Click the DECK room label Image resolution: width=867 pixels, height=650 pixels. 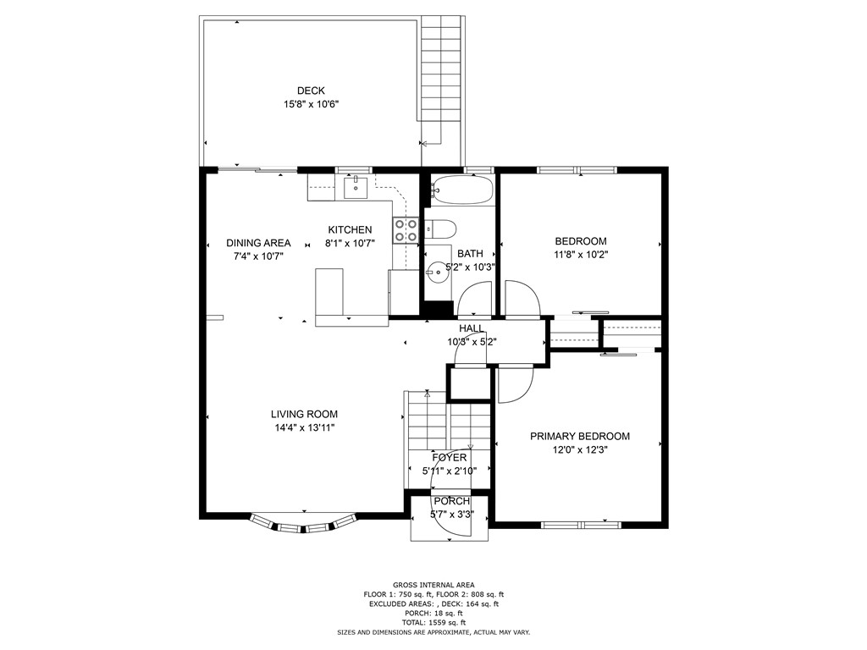(311, 91)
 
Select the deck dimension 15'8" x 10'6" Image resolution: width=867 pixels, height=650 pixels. (311, 105)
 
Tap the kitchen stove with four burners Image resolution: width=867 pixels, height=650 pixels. (405, 231)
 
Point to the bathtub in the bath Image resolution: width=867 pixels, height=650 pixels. (461, 190)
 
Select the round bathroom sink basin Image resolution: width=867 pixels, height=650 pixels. (438, 272)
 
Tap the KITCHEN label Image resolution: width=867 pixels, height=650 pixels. (350, 230)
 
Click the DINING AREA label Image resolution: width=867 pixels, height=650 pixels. (258, 243)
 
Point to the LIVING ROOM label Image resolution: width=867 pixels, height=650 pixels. (304, 415)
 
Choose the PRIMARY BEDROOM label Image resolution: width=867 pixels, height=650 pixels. (580, 437)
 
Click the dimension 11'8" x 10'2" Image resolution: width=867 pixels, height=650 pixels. (581, 254)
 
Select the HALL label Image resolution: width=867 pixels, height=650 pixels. (472, 328)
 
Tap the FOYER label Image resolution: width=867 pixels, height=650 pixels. (449, 458)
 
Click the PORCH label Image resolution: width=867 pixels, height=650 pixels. (450, 501)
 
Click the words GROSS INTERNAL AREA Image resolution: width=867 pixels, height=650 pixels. (433, 585)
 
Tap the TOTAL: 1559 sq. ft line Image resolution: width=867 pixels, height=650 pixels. (433, 622)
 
